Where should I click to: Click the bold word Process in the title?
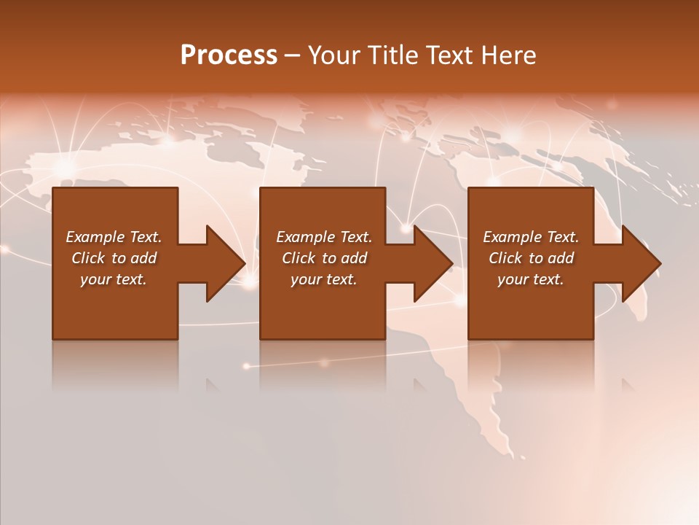(x=229, y=55)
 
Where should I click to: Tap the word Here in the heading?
(x=509, y=55)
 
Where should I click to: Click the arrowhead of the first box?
(x=223, y=263)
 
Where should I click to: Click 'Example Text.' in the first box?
(x=114, y=237)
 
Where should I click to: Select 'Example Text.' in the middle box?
(x=323, y=237)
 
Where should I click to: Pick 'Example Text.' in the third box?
(x=531, y=237)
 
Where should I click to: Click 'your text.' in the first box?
(x=114, y=279)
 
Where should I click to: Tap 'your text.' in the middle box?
(x=323, y=279)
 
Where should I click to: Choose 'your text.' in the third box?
(x=531, y=279)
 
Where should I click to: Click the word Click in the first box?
(x=89, y=258)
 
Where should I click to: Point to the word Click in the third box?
(x=506, y=258)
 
